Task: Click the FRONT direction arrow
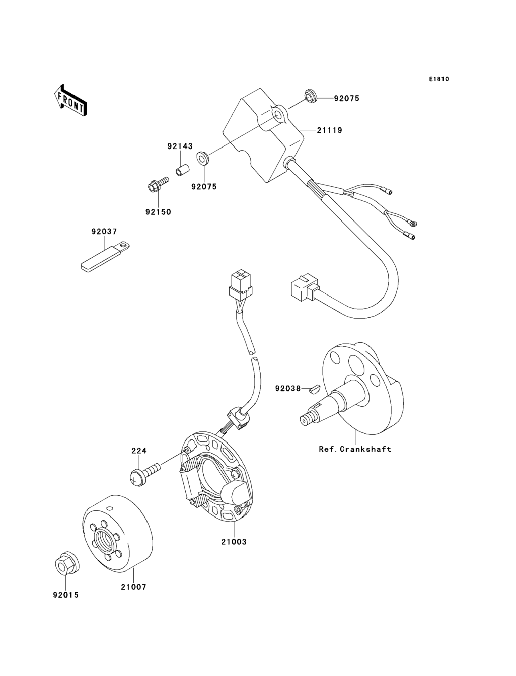70,100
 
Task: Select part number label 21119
330,130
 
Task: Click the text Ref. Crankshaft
355,449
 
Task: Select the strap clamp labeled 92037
105,258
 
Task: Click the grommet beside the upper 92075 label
311,96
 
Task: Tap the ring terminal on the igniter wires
412,222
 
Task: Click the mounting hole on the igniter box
278,116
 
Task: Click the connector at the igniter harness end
304,288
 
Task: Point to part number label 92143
180,146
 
